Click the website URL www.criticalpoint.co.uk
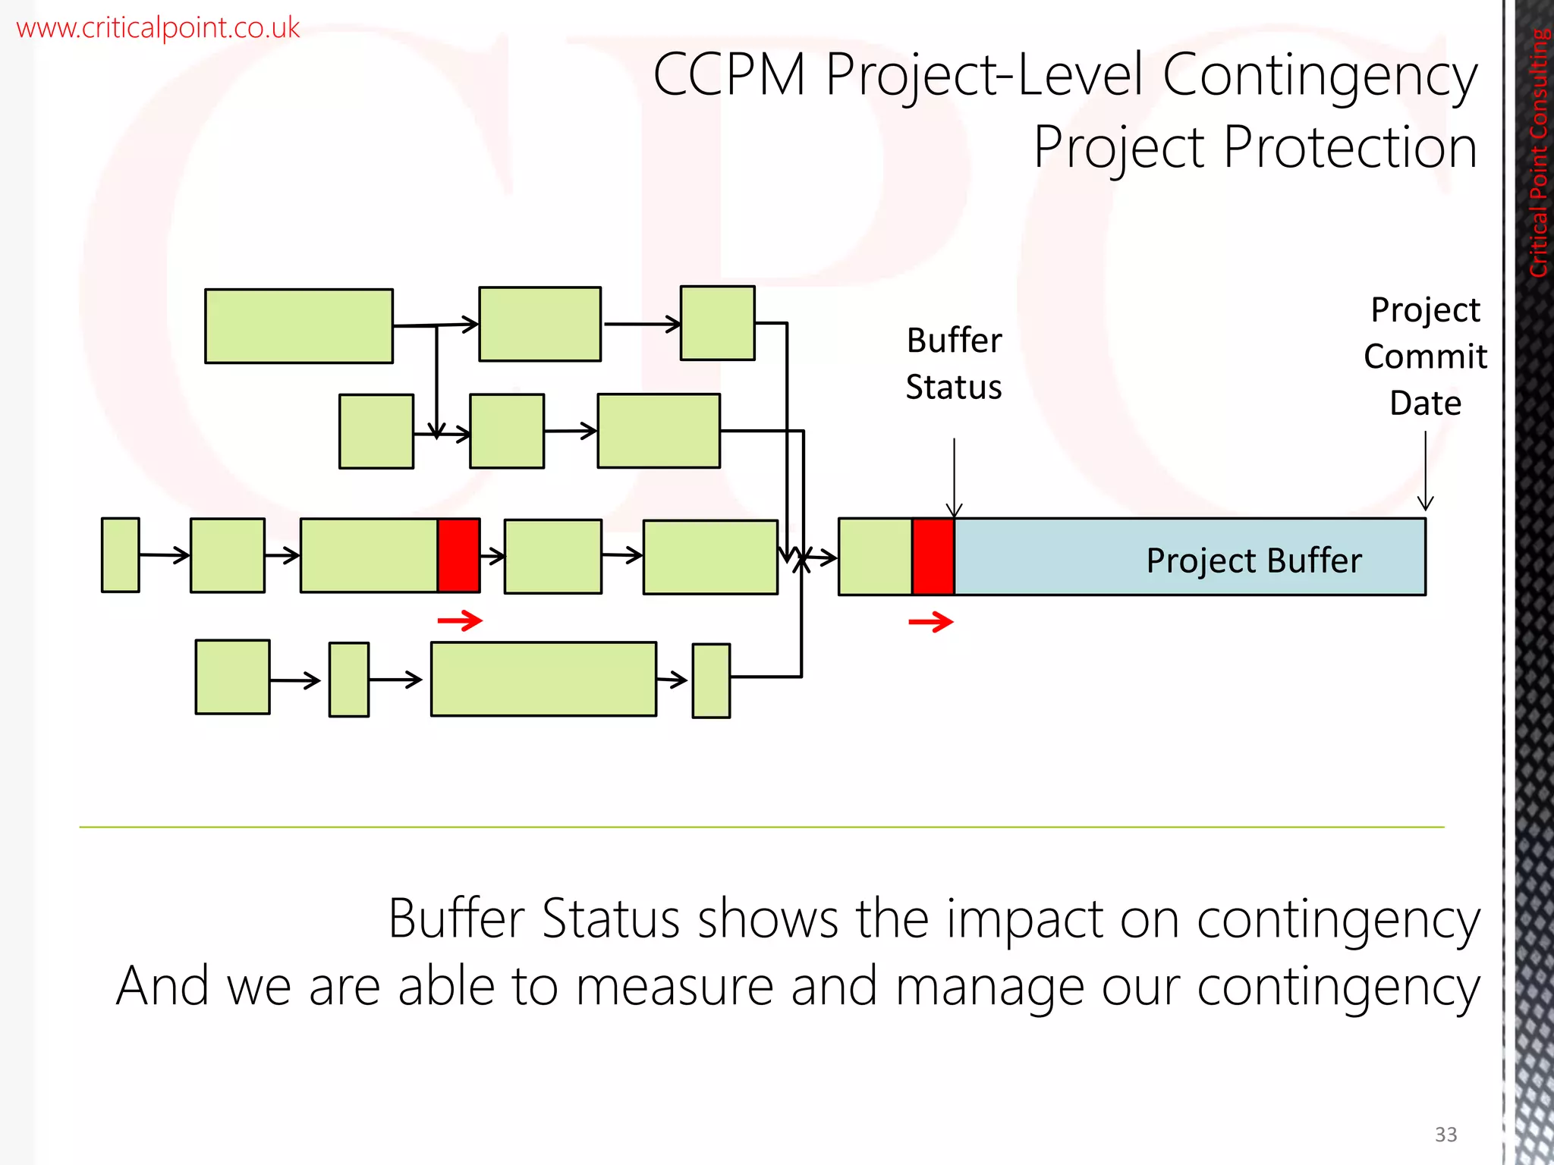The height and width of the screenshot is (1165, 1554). (158, 28)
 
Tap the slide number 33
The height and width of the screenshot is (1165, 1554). (1445, 1134)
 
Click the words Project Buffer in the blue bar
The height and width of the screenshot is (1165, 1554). (1254, 561)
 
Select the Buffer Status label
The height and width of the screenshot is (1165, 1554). (954, 363)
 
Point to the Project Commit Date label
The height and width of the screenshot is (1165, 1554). (1425, 356)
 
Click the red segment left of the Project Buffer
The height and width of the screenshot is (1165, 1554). (933, 557)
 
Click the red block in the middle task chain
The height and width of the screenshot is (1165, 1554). (458, 555)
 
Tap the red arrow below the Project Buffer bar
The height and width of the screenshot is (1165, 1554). (930, 622)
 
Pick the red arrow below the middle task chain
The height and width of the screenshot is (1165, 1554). (460, 620)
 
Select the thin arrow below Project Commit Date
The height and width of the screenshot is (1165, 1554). (1425, 470)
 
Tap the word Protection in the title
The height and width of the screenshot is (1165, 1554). (1350, 147)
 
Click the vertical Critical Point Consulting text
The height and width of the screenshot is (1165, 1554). (1538, 152)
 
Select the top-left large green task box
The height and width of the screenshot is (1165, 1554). (299, 326)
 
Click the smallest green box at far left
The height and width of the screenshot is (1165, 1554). (121, 554)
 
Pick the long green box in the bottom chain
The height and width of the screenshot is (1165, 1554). (543, 679)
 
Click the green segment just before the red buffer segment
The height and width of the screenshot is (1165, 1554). (875, 557)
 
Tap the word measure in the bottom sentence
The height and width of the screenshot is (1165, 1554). (674, 987)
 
